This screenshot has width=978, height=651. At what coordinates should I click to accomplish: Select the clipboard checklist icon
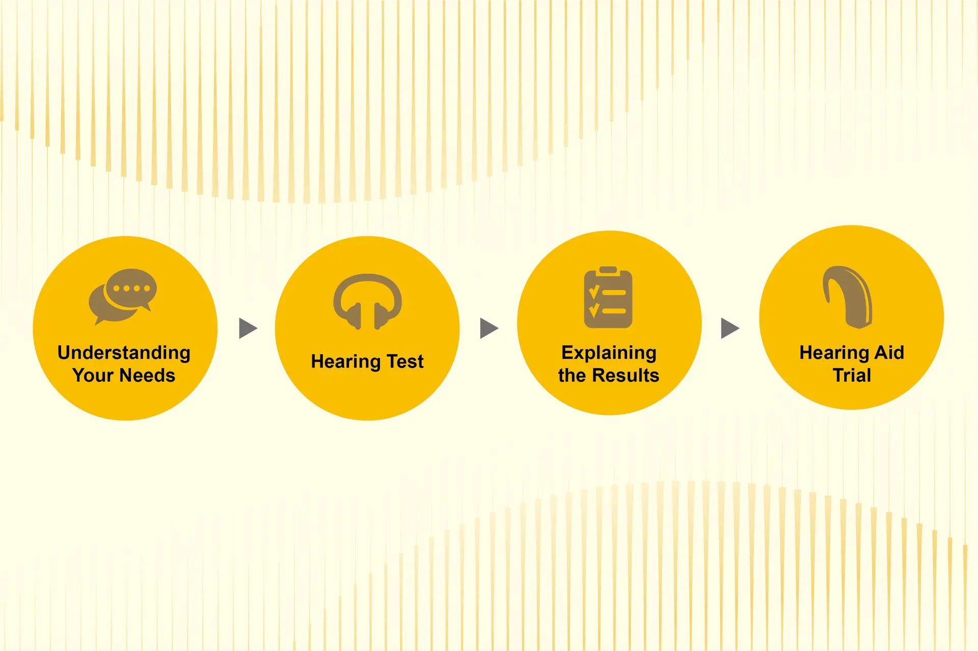pyautogui.click(x=608, y=297)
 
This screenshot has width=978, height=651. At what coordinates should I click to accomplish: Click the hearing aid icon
pyautogui.click(x=847, y=297)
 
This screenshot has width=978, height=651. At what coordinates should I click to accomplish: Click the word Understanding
pyautogui.click(x=124, y=353)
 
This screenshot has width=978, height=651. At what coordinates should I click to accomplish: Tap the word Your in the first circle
pyautogui.click(x=93, y=375)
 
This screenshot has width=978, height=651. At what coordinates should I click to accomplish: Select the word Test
pyautogui.click(x=405, y=361)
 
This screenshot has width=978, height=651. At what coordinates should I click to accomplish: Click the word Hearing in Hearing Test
pyautogui.click(x=346, y=362)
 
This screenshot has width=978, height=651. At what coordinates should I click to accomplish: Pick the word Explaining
pyautogui.click(x=609, y=353)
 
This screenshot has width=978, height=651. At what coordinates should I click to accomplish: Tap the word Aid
pyautogui.click(x=889, y=352)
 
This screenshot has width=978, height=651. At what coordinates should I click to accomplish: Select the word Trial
pyautogui.click(x=852, y=375)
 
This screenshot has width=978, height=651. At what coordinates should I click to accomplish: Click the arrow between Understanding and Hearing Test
pyautogui.click(x=248, y=328)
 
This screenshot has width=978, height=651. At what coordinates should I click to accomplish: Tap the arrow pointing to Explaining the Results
pyautogui.click(x=489, y=328)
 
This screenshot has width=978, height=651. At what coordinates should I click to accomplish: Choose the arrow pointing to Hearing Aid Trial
pyautogui.click(x=730, y=328)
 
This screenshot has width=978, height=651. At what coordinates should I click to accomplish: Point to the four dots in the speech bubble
pyautogui.click(x=131, y=288)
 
